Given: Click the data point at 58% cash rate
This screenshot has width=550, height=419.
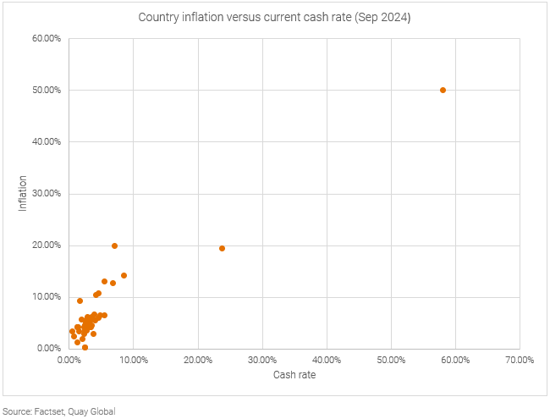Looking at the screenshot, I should [x=443, y=90].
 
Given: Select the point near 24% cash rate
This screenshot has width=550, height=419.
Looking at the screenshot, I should [x=222, y=249].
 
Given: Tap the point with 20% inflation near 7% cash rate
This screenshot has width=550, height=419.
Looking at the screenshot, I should [x=114, y=245].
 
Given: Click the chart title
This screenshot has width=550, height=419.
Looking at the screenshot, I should [x=274, y=18].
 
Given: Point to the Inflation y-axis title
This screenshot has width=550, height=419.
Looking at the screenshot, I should [x=23, y=193].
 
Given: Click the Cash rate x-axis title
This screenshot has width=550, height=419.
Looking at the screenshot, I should [x=294, y=375].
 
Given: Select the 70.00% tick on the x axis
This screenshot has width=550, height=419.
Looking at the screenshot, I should [x=520, y=360].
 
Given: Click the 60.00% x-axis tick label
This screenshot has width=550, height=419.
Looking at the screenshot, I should [x=455, y=360].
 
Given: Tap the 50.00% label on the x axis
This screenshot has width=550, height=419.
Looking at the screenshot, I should [x=391, y=360].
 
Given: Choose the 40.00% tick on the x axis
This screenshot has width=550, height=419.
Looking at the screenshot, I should [x=327, y=360].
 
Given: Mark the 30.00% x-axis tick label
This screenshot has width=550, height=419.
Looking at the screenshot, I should [x=262, y=360].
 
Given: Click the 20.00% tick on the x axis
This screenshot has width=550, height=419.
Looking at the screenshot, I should [x=198, y=360].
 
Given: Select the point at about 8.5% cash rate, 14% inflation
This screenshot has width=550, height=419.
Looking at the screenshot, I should [x=124, y=275].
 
